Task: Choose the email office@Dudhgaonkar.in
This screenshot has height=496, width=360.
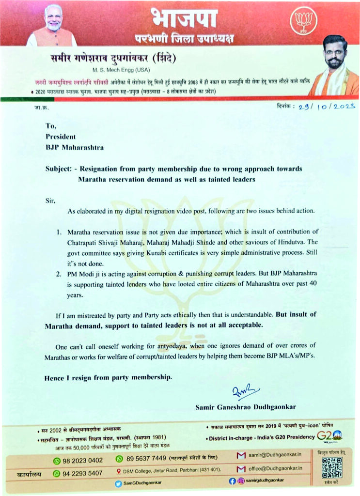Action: coord(275,468)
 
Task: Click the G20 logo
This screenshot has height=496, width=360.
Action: coord(329,436)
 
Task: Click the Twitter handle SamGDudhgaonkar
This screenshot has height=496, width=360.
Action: coord(142,483)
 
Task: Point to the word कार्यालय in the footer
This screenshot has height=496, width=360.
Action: coord(30,473)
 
